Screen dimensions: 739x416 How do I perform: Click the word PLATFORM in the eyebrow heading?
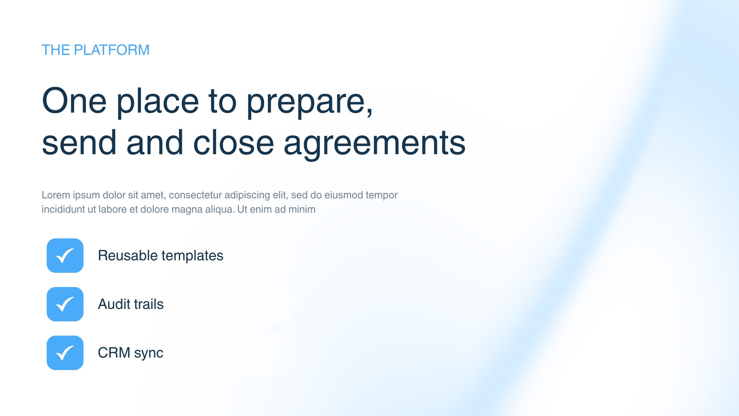point(111,50)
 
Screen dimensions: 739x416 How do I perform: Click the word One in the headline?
point(74,101)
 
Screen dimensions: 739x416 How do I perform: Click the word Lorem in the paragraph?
point(56,195)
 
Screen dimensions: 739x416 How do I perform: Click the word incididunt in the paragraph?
point(63,209)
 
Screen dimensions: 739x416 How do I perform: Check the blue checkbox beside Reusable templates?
point(65,256)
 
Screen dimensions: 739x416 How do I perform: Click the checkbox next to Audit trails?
point(65,304)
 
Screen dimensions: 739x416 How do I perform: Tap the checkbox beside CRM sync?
point(65,353)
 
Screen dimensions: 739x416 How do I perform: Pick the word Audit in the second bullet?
point(114,304)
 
